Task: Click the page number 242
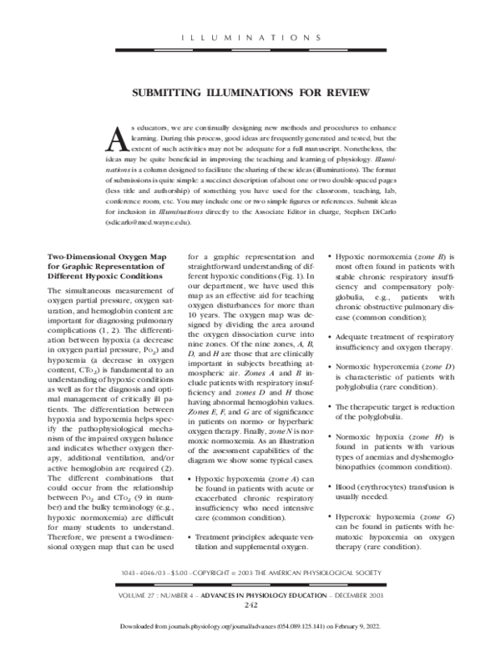(250, 606)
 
